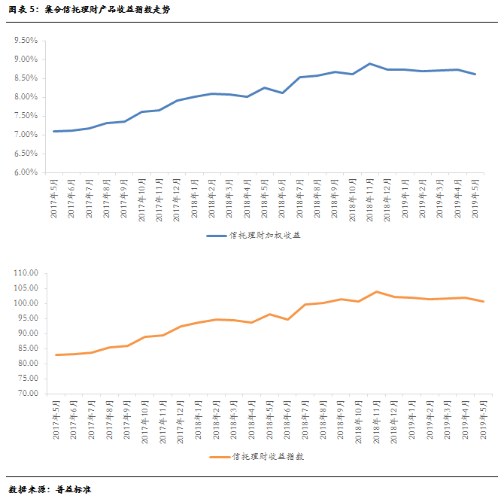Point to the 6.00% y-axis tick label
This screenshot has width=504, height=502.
point(26,172)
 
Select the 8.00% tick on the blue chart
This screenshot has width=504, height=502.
point(26,97)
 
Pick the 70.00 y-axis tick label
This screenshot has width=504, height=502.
point(26,394)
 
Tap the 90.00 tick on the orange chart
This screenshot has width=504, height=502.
point(26,333)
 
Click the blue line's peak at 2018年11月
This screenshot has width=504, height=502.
point(370,64)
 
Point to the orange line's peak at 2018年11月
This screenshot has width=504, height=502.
point(376,292)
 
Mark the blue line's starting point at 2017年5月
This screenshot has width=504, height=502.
point(54,132)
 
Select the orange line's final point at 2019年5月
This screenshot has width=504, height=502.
point(484,302)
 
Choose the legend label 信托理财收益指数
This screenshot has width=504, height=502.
point(269,457)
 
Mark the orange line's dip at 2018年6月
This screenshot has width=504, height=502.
point(287,319)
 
